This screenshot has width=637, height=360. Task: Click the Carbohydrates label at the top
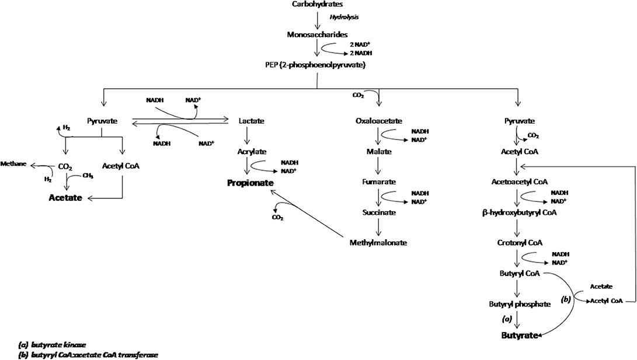point(318,5)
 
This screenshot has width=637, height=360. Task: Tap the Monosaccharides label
point(318,34)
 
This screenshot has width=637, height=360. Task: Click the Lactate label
point(252,121)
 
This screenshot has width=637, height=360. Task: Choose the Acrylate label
point(252,151)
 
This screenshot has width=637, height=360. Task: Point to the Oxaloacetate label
point(380,121)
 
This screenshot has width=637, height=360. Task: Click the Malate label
point(380,151)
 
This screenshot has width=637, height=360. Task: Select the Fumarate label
point(380,182)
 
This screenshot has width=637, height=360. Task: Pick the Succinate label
point(380,212)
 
